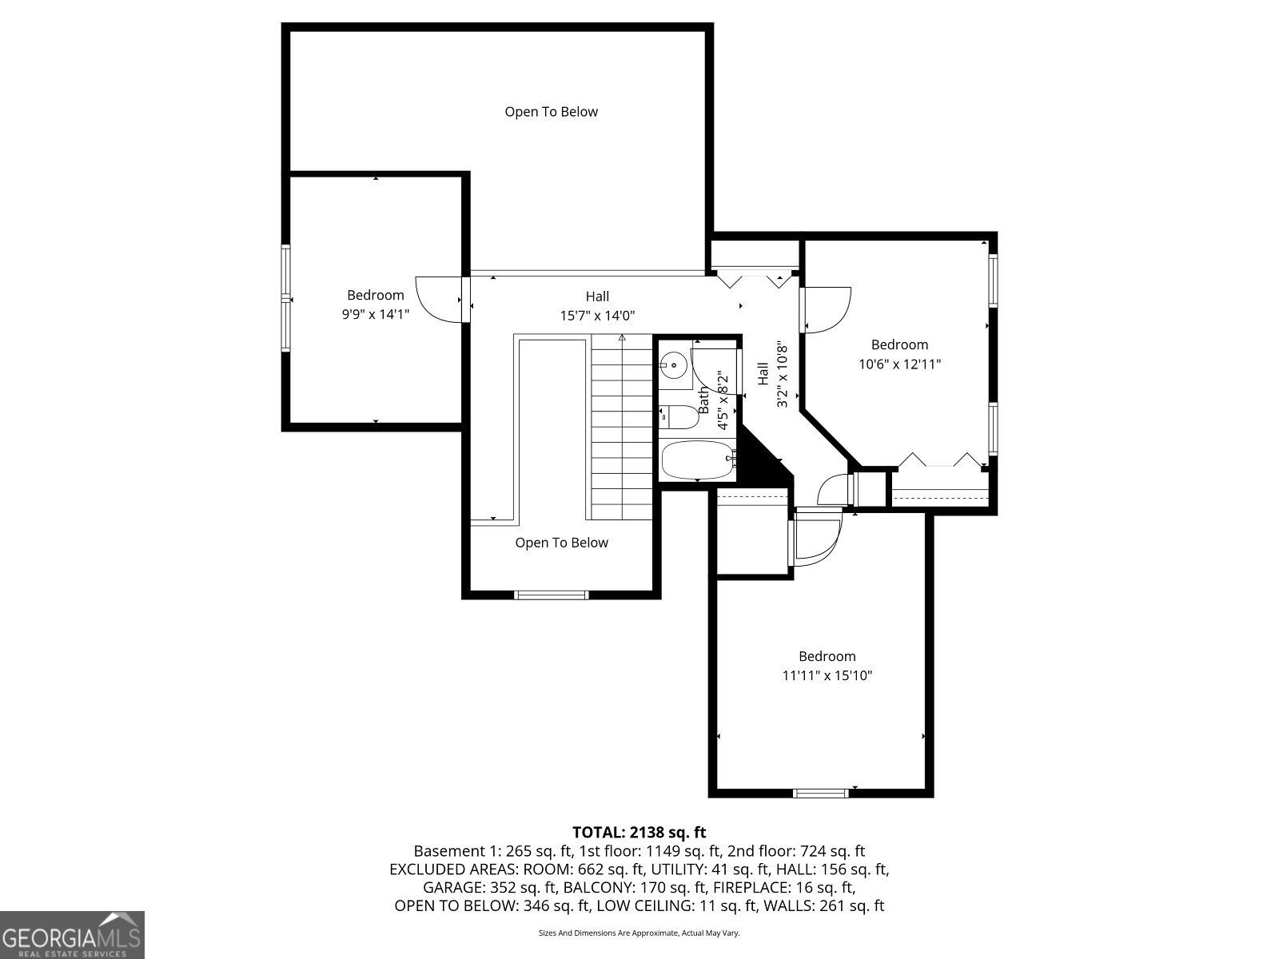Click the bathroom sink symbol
pos(673,366)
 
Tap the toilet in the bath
pos(679,416)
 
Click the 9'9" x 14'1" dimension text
pos(376,315)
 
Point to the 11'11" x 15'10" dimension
pos(827,675)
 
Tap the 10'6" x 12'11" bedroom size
pos(899,364)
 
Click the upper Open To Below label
pos(551,112)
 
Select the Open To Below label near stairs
pos(561,543)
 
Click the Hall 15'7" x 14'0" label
pos(597,306)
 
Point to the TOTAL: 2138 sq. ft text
pos(639,832)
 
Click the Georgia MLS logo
pos(72,934)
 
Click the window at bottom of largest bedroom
pos(820,793)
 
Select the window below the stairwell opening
pos(552,594)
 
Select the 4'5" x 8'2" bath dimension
pos(722,400)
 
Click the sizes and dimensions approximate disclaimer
pos(639,933)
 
